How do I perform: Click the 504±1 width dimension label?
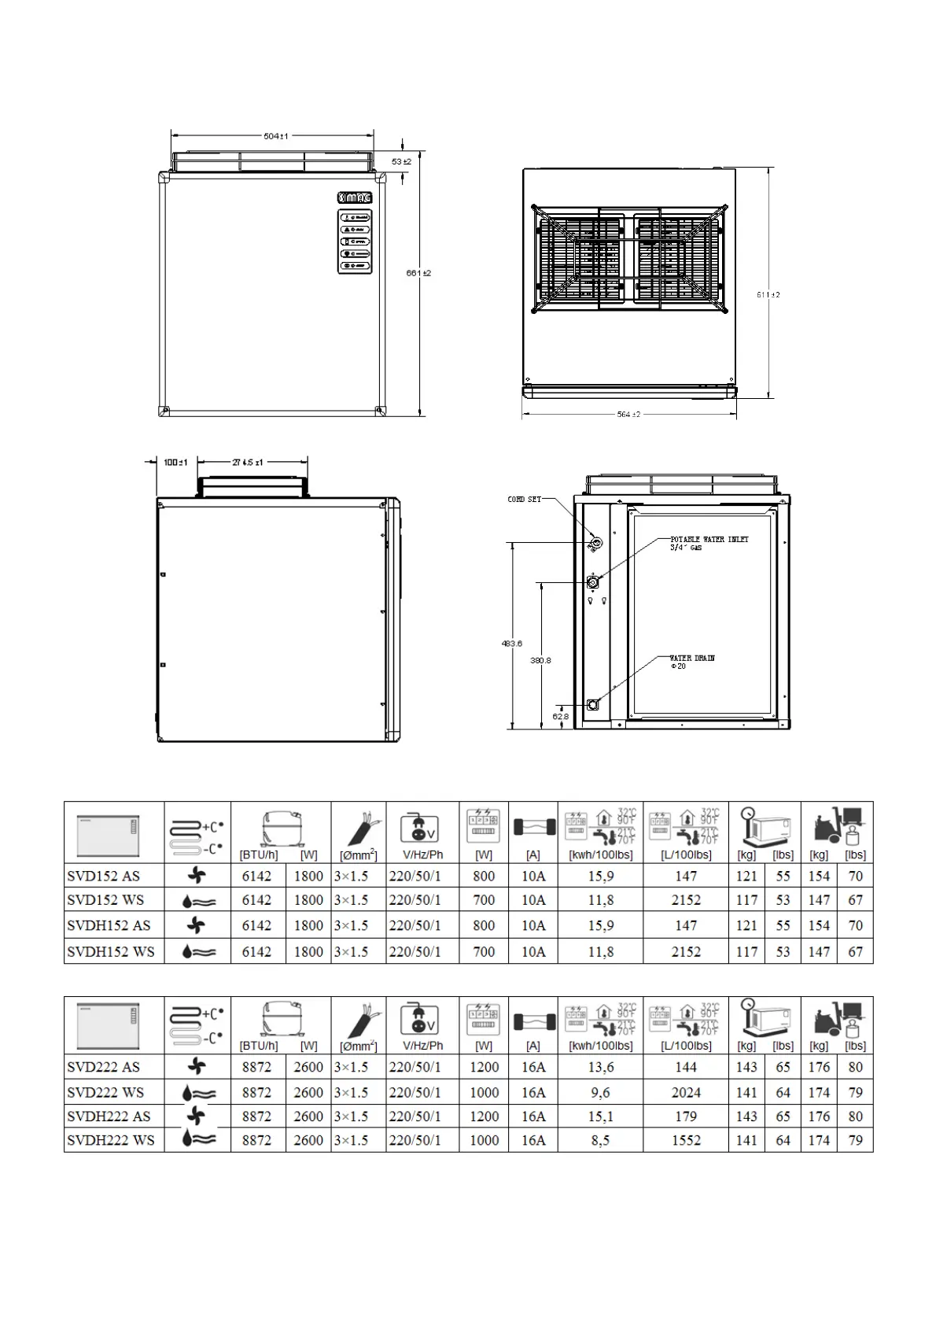pos(275,136)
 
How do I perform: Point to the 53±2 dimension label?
pos(402,161)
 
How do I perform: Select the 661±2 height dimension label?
pos(418,273)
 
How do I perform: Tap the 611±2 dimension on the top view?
pos(768,294)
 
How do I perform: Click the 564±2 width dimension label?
pos(628,414)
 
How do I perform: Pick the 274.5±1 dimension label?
pos(248,463)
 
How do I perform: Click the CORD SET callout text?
pos(524,499)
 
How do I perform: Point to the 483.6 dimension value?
pos(512,643)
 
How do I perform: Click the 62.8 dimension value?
pos(560,716)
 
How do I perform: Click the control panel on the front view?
pos(354,242)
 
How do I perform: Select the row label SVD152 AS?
pos(103,876)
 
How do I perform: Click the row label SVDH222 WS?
pos(111,1140)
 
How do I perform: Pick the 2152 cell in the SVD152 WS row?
pos(686,900)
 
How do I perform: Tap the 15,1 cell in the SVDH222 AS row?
pos(601,1116)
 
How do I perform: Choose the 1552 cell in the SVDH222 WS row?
pos(686,1140)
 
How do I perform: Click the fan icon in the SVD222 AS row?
pos(197,1067)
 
